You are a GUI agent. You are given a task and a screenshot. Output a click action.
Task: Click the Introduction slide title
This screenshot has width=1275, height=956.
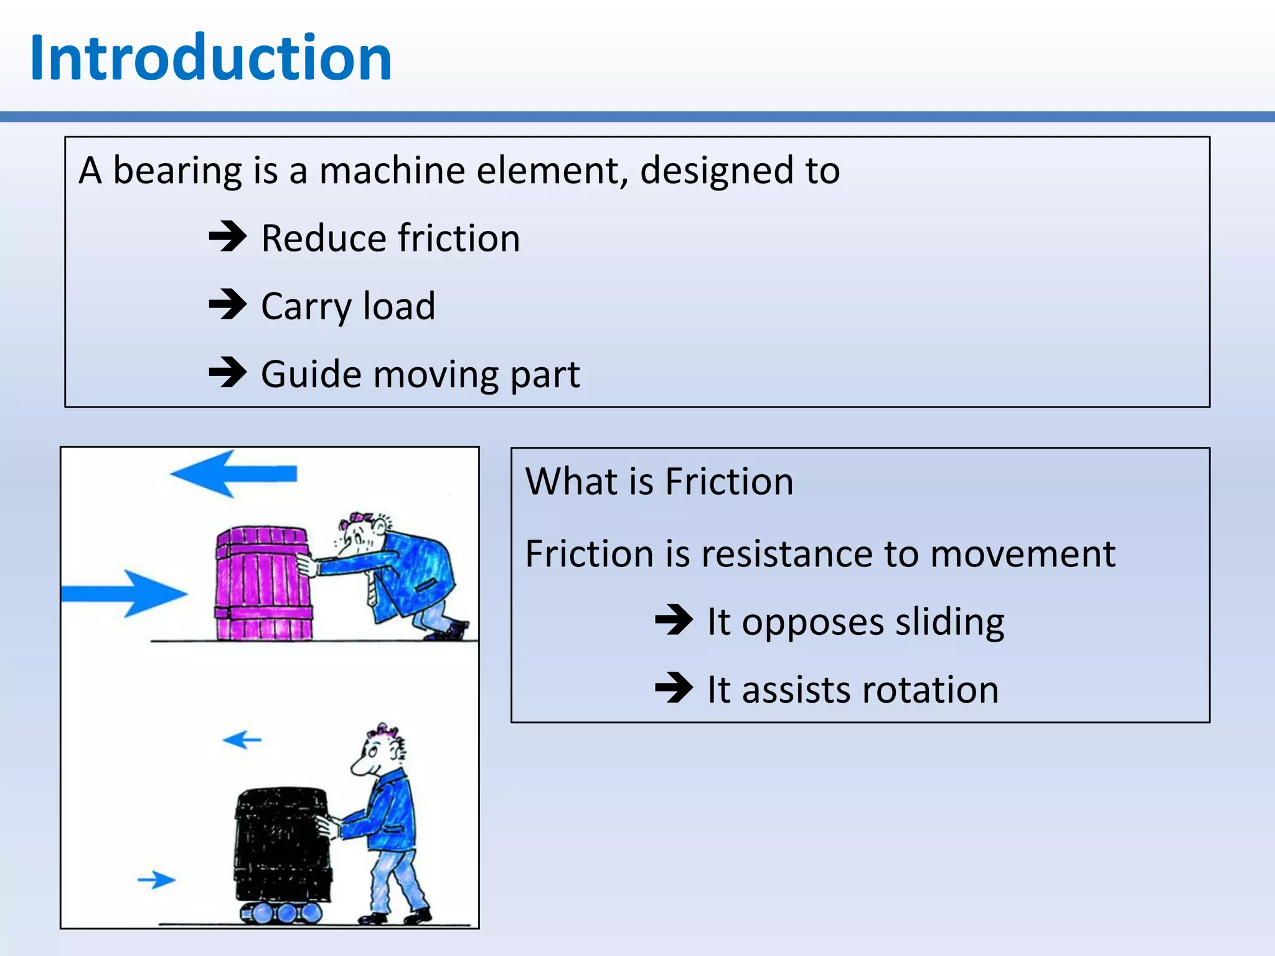click(x=210, y=58)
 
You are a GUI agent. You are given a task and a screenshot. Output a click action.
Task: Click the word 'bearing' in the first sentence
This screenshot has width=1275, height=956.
click(x=177, y=171)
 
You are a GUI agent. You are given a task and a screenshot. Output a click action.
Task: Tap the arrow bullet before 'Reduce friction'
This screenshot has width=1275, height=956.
click(x=228, y=237)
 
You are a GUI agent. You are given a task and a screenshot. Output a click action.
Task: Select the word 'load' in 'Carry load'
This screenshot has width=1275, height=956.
click(x=398, y=306)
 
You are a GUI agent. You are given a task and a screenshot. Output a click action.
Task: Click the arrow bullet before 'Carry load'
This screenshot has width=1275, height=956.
click(x=228, y=304)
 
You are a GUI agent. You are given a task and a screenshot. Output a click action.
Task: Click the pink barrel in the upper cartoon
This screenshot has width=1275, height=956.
click(x=263, y=584)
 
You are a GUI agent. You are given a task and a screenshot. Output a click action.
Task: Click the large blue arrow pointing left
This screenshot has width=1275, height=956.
click(x=233, y=474)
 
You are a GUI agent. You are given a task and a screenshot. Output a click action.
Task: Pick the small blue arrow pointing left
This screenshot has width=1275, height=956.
click(x=242, y=739)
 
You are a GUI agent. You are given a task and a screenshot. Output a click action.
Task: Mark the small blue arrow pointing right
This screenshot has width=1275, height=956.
click(x=156, y=879)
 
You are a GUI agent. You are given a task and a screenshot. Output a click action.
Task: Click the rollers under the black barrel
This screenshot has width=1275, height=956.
click(x=281, y=912)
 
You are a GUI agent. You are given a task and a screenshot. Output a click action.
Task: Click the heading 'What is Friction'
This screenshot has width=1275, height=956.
click(x=659, y=481)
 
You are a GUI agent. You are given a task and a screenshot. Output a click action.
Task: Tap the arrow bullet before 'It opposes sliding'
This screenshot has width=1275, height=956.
click(x=674, y=620)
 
